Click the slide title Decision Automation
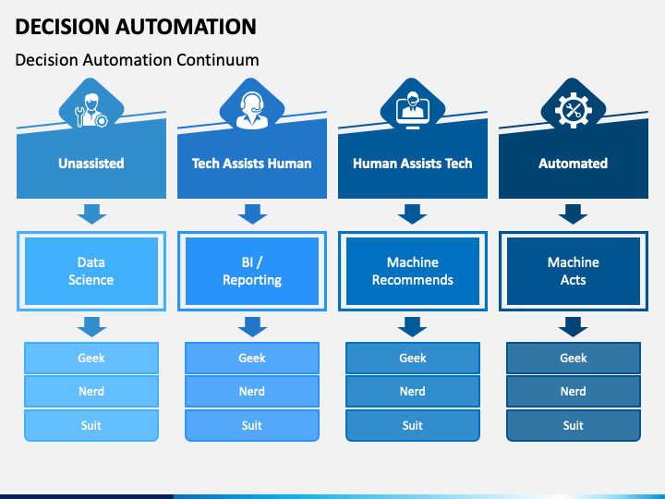[x=136, y=26]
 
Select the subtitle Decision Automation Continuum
[x=137, y=60]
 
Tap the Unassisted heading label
[x=91, y=164]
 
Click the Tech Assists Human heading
[x=251, y=164]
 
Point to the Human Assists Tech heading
[x=412, y=164]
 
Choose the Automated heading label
[x=573, y=164]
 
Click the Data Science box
[x=91, y=271]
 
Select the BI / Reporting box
[x=251, y=271]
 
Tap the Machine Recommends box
[x=412, y=271]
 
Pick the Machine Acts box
[x=573, y=271]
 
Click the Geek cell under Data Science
[x=91, y=358]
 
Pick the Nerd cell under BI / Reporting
[x=251, y=391]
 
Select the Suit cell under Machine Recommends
[x=412, y=425]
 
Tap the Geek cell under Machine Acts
[x=573, y=358]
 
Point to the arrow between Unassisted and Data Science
[x=91, y=214]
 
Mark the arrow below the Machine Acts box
[x=573, y=325]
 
